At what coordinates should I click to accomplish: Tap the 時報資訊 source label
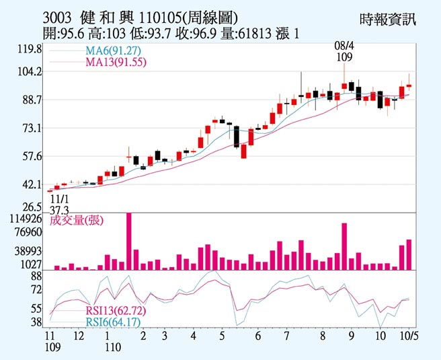pyautogui.click(x=388, y=18)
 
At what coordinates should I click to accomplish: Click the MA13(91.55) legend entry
pyautogui.click(x=115, y=63)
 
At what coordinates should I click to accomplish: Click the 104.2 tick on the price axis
pyautogui.click(x=29, y=71)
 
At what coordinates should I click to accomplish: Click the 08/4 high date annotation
pyautogui.click(x=344, y=46)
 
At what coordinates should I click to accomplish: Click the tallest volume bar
pyautogui.click(x=128, y=242)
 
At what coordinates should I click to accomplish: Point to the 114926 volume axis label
pyautogui.click(x=26, y=219)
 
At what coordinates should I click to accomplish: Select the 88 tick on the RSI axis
pyautogui.click(x=36, y=276)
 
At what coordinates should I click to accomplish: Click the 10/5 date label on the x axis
pyautogui.click(x=410, y=335)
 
